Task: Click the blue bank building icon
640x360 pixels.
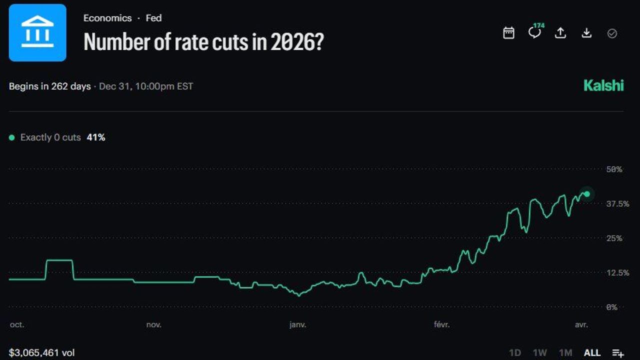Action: [37, 32]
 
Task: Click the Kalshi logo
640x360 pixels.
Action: [603, 85]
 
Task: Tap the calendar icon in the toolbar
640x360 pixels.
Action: [508, 33]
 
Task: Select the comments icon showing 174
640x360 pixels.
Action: [534, 32]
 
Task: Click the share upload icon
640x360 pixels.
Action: [560, 33]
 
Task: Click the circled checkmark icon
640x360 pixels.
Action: [612, 33]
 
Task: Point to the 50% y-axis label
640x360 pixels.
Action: [614, 169]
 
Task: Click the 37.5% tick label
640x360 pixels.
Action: [617, 204]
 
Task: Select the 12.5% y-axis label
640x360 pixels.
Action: [617, 273]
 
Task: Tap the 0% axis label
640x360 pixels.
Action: [611, 307]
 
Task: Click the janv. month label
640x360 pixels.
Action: [297, 325]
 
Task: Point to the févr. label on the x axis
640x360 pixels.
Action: [441, 325]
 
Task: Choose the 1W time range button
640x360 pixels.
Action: [540, 353]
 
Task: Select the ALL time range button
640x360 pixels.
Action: [592, 353]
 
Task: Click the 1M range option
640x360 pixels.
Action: [565, 353]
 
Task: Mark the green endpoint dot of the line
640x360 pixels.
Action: [587, 194]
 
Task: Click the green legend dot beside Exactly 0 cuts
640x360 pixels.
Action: [12, 137]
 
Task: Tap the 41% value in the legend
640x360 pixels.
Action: [96, 137]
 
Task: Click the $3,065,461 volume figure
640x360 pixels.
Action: [41, 353]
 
